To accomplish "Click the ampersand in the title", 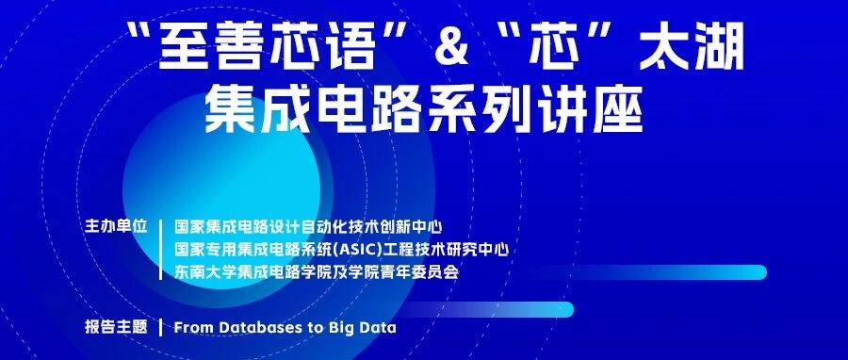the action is tap(450, 46).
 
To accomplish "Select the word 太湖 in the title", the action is tap(692, 47).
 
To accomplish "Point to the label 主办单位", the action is tap(116, 226).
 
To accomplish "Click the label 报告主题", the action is tap(116, 327).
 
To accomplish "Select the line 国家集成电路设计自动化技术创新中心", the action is tap(309, 226).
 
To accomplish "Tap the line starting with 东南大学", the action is tap(317, 271).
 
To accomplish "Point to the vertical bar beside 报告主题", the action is tap(161, 328).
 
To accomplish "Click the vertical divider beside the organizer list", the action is tap(161, 249).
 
